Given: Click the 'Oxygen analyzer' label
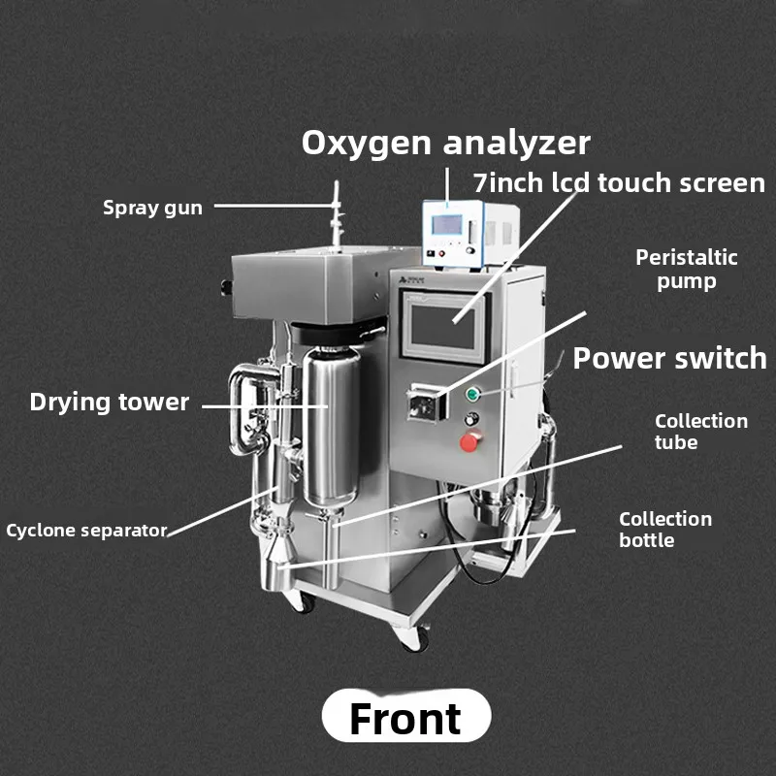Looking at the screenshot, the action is pos(446,143).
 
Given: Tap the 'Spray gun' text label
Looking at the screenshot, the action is pos(152,208).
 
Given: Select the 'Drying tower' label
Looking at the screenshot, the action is pos(110,402).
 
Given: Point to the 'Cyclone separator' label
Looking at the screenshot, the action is pos(86,531).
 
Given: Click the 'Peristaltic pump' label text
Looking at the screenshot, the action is pos(687,270).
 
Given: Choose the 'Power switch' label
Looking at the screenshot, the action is pos(669,358).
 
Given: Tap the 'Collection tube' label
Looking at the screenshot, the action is pos(700,431).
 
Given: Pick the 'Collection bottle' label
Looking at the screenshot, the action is pos(665,529).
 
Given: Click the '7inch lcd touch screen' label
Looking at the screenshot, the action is pos(619,182).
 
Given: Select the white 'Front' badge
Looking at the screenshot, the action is pos(406,716).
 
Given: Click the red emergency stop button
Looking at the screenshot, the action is pos(470,441).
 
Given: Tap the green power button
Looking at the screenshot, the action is pos(473,394).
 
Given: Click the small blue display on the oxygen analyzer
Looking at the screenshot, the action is pos(447,225).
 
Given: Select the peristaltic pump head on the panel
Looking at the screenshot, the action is pos(425,404).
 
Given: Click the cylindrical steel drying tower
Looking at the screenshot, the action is pos(331,427).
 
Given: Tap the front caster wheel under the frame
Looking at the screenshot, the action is pos(414,637).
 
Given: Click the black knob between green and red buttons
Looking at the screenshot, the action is pos(471,419).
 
